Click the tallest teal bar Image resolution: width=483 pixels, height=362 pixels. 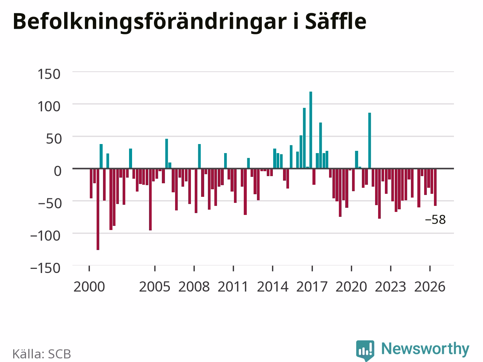point(311,130)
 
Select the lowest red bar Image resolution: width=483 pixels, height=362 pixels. point(98,209)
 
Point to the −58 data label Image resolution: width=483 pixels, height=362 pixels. point(435,219)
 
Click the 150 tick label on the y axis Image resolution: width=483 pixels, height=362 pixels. point(49,74)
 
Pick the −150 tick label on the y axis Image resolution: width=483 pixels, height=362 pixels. point(45,268)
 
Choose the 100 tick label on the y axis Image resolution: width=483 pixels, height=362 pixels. point(49,107)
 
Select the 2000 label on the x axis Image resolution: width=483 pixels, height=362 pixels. point(89,287)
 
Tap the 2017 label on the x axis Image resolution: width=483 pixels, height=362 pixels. point(312,287)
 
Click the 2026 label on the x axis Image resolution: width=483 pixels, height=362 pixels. point(430,287)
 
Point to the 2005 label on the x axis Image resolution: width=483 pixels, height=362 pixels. point(155,287)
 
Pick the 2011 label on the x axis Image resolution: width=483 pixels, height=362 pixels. point(233,287)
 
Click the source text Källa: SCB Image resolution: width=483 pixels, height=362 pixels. point(42,354)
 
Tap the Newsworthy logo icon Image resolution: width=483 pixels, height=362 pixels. point(365,350)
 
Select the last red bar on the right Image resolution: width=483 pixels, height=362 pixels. point(435,187)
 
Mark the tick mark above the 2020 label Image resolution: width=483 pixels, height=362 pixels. point(351,268)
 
